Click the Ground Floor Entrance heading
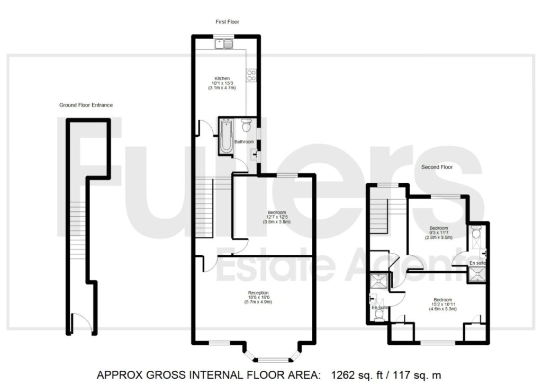coord(86,105)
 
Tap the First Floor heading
coord(227,22)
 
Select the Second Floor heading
coord(437,167)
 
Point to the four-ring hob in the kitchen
coord(251,76)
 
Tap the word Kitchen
coord(222,78)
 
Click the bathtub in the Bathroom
coord(226,136)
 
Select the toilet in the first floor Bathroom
coord(246,126)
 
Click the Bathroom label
coord(244,142)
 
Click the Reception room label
coord(258,292)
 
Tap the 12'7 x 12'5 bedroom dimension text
coord(277,217)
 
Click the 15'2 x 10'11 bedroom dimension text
coord(443,304)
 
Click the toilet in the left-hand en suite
coord(379,315)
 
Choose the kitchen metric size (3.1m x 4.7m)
coord(222,88)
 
